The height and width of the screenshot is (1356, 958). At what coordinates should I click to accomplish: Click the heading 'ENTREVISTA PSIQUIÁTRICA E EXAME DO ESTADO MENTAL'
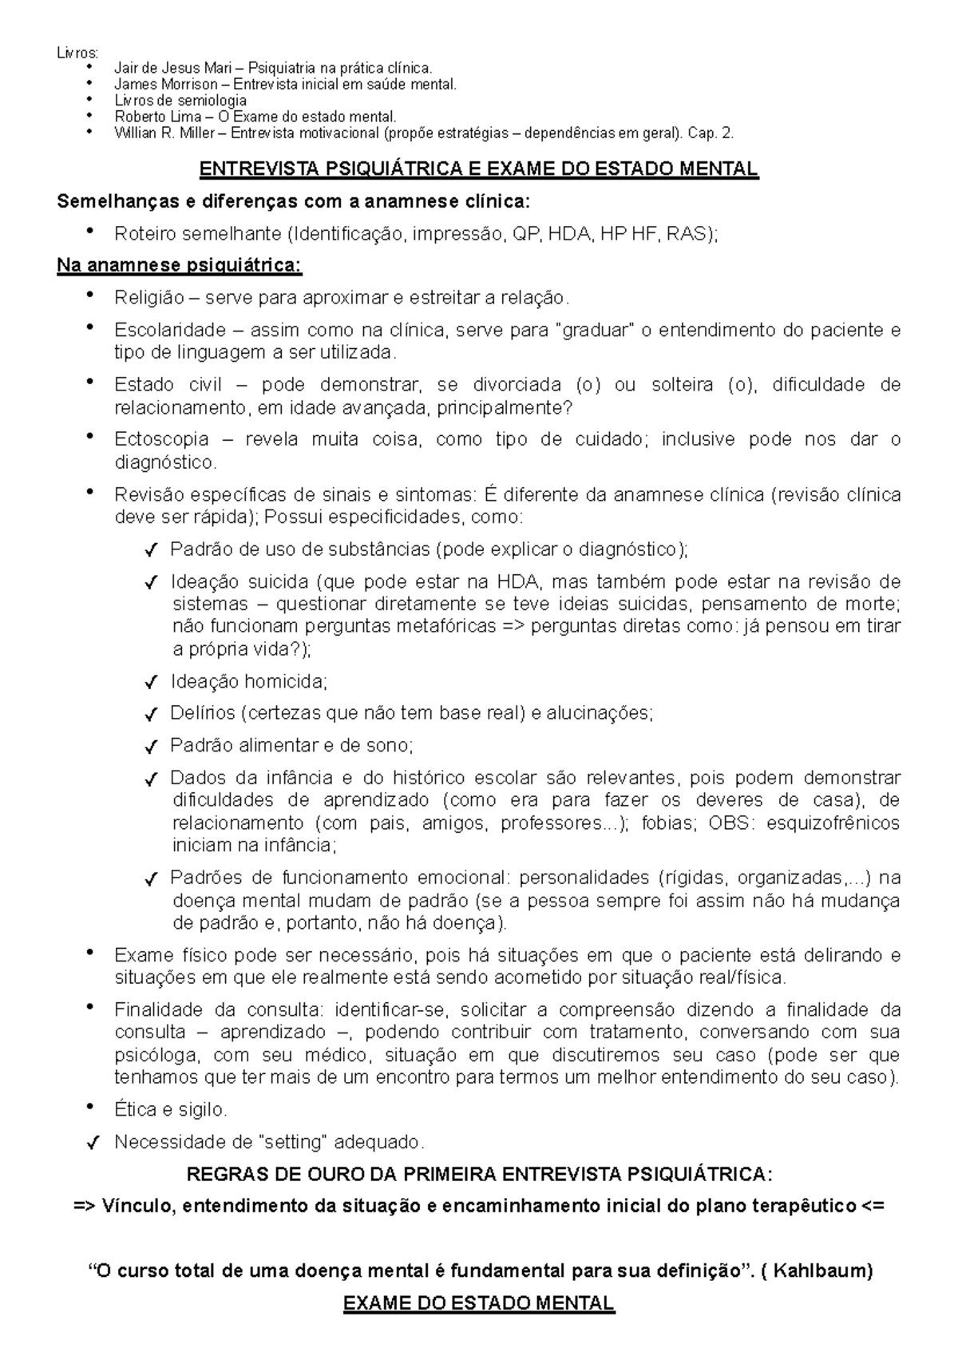[478, 169]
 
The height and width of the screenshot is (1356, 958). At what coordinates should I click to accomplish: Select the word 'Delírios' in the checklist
[202, 713]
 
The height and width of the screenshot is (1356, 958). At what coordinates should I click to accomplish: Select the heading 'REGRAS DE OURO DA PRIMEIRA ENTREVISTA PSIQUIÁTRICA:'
[479, 1174]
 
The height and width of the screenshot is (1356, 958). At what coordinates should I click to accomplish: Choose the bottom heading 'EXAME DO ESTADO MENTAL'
[478, 1304]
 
